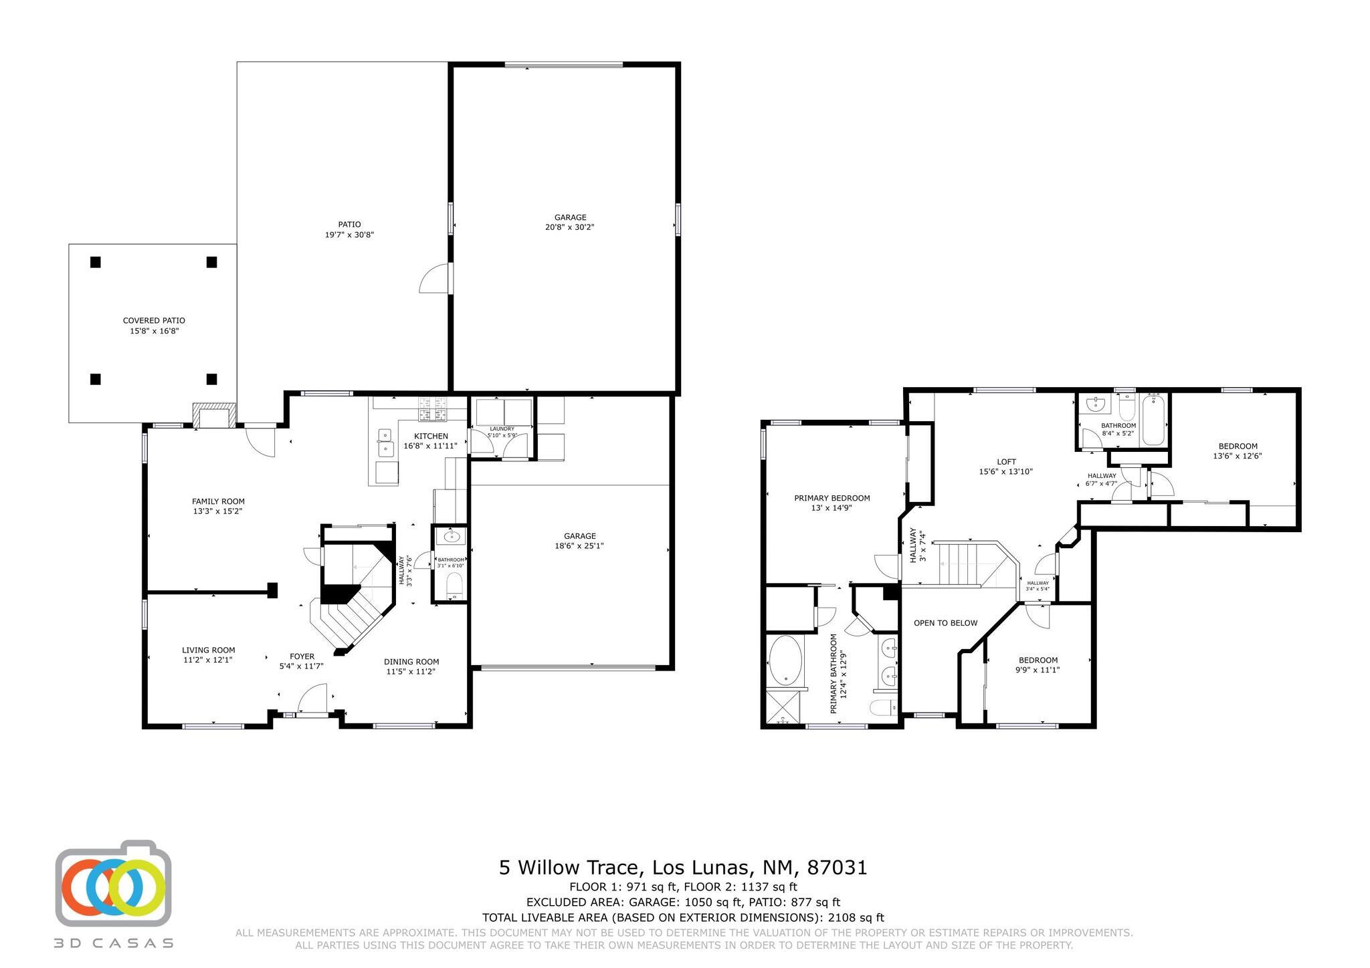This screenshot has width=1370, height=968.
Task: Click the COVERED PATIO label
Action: pos(154,321)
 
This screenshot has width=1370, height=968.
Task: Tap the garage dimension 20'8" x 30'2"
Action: pos(570,227)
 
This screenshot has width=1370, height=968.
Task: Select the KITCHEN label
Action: pos(431,436)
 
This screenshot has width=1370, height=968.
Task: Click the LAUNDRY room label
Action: pos(502,429)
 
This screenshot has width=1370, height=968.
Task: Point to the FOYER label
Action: pos(302,656)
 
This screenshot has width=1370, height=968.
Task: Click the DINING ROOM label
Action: pos(411,662)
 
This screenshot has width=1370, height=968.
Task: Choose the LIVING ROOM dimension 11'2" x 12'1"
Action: pos(208,660)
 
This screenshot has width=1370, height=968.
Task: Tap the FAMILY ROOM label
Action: pos(218,501)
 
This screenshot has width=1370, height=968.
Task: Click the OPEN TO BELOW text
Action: pos(945,623)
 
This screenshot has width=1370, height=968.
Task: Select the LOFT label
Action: pos(1006,461)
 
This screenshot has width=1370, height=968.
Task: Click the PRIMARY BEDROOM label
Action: pos(831,498)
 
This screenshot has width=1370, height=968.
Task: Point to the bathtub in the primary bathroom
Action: pos(785,660)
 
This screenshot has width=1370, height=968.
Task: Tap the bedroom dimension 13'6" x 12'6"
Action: pos(1237,457)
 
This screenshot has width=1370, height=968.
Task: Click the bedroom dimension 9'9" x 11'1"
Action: pos(1038,670)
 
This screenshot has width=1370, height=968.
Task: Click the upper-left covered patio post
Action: pos(96,262)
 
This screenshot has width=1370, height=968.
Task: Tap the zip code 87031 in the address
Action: pos(837,868)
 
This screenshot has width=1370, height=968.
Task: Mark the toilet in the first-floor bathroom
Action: pos(454,587)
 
